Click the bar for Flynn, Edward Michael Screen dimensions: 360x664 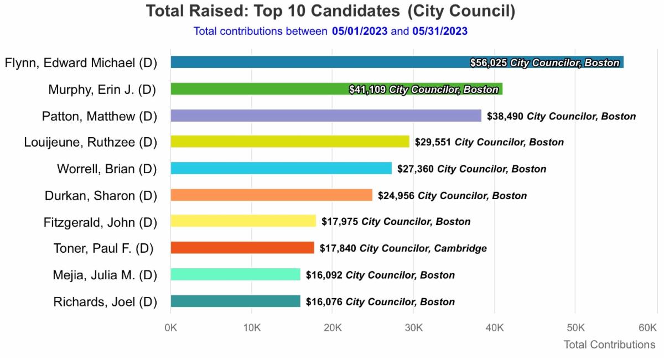point(315,62)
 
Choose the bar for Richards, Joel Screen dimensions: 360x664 point(235,301)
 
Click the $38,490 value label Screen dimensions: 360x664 point(505,116)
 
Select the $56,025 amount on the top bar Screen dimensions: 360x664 point(489,63)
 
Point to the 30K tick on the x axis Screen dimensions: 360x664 point(413,328)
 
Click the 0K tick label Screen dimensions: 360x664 point(170,328)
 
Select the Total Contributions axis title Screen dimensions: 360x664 point(609,345)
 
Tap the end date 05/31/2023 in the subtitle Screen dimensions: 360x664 point(439,32)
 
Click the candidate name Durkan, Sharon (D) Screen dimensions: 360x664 point(101,196)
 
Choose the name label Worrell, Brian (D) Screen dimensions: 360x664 point(107,169)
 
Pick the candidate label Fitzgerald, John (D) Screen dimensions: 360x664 point(100,222)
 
